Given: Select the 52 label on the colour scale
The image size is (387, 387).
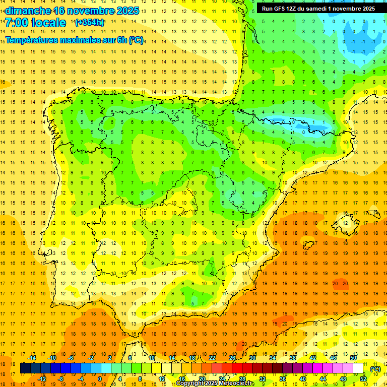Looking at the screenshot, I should [x=363, y=379].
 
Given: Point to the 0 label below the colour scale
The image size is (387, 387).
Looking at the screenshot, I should [x=99, y=379].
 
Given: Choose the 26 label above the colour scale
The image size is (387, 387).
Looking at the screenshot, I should [x=232, y=358].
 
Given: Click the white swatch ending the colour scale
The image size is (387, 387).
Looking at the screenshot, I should [x=358, y=368].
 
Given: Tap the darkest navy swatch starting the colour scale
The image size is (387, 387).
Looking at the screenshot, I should [x=25, y=368].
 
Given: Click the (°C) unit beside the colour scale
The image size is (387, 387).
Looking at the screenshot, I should [x=375, y=369].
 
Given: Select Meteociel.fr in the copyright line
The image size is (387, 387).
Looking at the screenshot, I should [x=236, y=383].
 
